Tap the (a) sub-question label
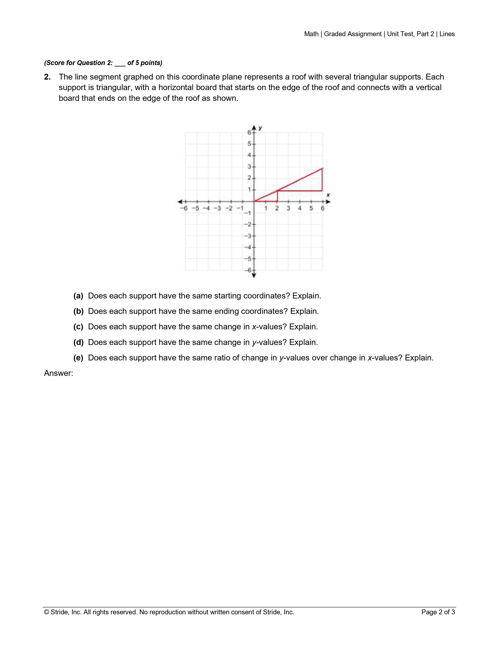78,296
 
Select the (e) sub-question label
78,358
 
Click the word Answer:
59,373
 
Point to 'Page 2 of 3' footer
438,612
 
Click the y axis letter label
260,128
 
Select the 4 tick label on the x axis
300,208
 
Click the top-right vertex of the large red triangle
322,168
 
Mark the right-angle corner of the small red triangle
277,201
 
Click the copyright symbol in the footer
46,612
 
